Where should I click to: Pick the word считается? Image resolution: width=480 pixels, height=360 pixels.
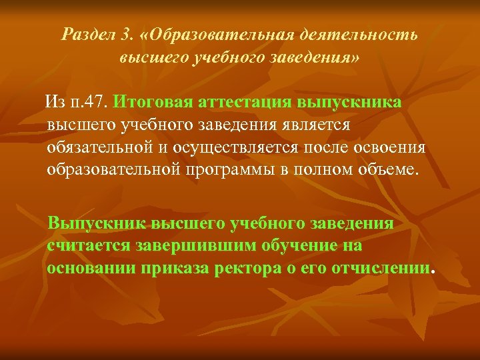point(88,245)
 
